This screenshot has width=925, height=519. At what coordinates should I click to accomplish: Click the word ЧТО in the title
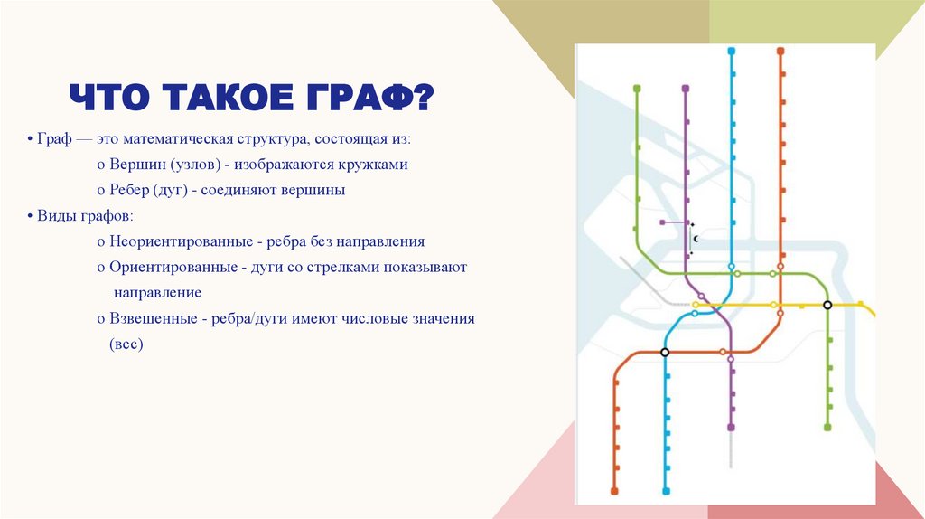click(113, 97)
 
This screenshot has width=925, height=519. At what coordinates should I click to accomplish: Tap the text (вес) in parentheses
click(126, 344)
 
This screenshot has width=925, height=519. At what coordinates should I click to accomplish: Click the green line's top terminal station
click(637, 89)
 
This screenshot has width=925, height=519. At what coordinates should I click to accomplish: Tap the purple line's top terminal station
click(686, 89)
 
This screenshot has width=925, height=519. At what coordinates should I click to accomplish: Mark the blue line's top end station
click(731, 52)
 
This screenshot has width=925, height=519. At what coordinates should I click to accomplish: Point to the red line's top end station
click(780, 52)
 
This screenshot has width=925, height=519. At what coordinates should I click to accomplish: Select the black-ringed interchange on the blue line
click(665, 352)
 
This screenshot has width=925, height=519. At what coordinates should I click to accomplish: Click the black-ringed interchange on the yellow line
click(827, 306)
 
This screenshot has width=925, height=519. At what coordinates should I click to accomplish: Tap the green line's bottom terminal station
click(827, 427)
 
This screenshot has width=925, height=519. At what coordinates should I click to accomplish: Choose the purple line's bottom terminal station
click(731, 427)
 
